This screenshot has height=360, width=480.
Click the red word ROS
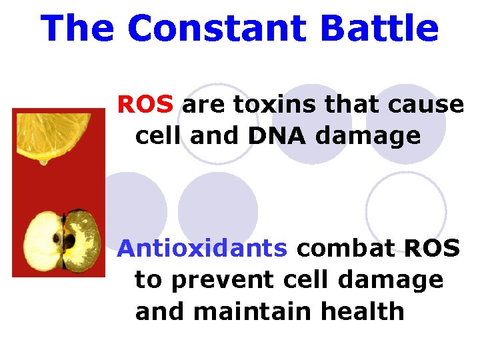pos(145,105)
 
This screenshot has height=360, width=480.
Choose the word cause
pos(427,105)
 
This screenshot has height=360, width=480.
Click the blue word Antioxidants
pos(202,248)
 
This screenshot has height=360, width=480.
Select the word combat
pos(345,248)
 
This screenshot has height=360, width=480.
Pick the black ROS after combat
pos(432,248)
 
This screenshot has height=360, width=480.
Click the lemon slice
pos(53,134)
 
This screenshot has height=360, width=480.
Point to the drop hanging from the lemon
pos(44,160)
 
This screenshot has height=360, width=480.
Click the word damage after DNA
pos(374,136)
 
